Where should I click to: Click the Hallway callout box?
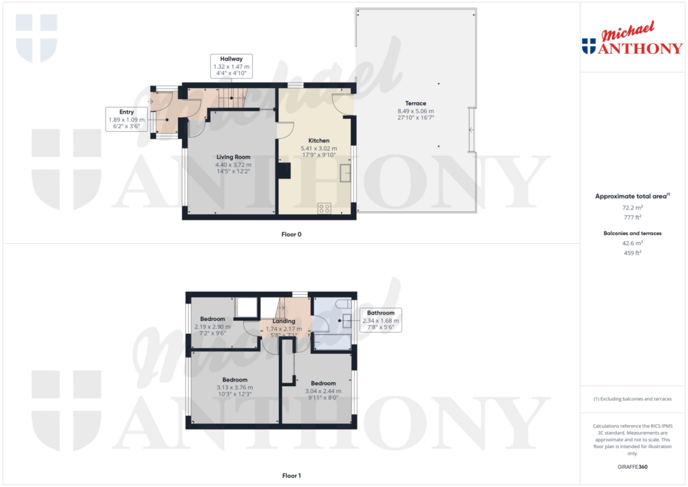231,67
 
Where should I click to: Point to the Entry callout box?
126,119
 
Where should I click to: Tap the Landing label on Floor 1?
284,321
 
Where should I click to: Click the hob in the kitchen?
324,208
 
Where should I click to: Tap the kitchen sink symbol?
346,173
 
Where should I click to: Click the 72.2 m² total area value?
632,208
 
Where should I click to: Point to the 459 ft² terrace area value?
632,253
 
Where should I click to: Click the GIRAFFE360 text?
632,466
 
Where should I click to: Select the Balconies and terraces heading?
632,233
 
